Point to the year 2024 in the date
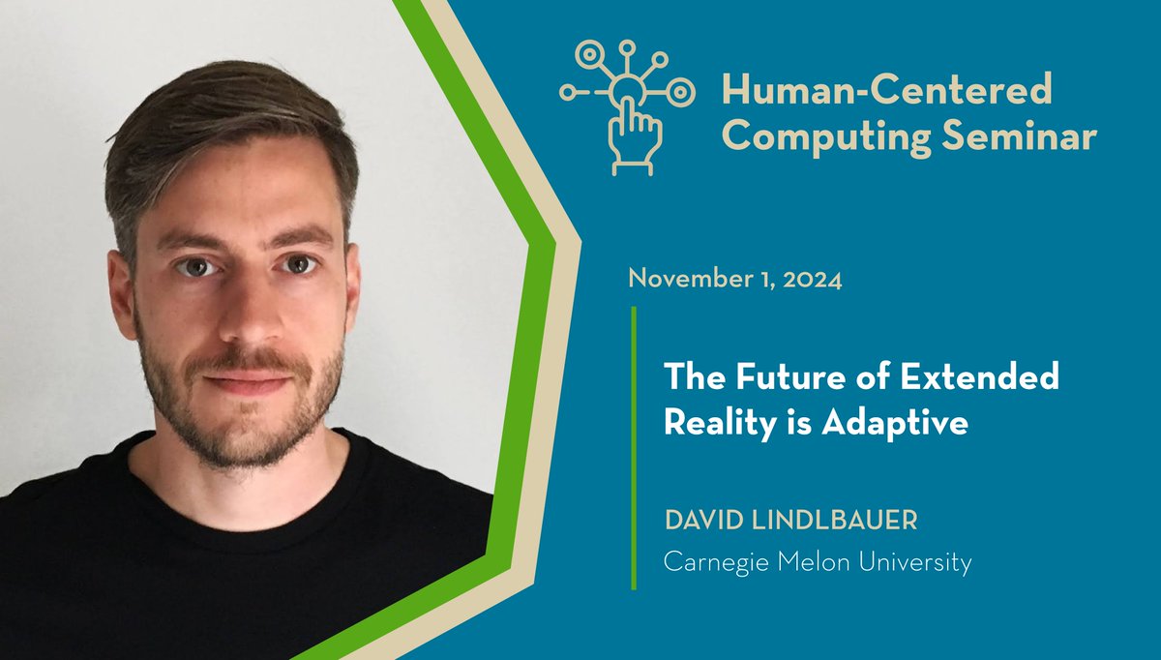pos(810,281)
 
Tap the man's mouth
pos(247,380)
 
